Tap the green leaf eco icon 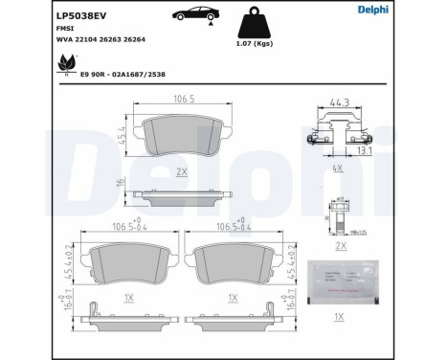tap(66, 63)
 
